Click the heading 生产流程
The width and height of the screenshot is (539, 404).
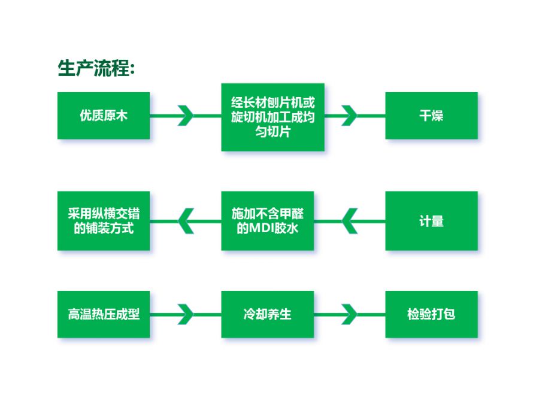(96, 68)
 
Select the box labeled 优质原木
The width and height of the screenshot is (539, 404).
(104, 116)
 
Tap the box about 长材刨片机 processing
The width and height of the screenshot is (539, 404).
(272, 117)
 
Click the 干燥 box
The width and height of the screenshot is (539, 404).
(431, 116)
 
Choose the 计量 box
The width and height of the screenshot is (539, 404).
(431, 221)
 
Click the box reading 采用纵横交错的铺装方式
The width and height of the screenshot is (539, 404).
(104, 221)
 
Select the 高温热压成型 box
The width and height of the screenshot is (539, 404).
(104, 314)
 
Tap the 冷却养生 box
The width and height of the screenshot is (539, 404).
(268, 314)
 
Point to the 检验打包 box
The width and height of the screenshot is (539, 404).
(431, 314)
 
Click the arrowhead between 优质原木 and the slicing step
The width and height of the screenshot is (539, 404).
(186, 116)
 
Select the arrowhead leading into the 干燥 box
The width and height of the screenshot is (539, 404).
(350, 116)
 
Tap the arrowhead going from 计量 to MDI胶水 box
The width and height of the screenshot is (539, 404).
(350, 221)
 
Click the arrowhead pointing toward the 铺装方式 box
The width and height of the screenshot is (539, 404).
(186, 221)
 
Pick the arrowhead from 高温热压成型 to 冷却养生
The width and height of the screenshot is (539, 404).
(186, 314)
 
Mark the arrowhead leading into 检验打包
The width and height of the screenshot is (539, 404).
(350, 314)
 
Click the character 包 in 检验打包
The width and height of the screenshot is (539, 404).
(449, 314)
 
